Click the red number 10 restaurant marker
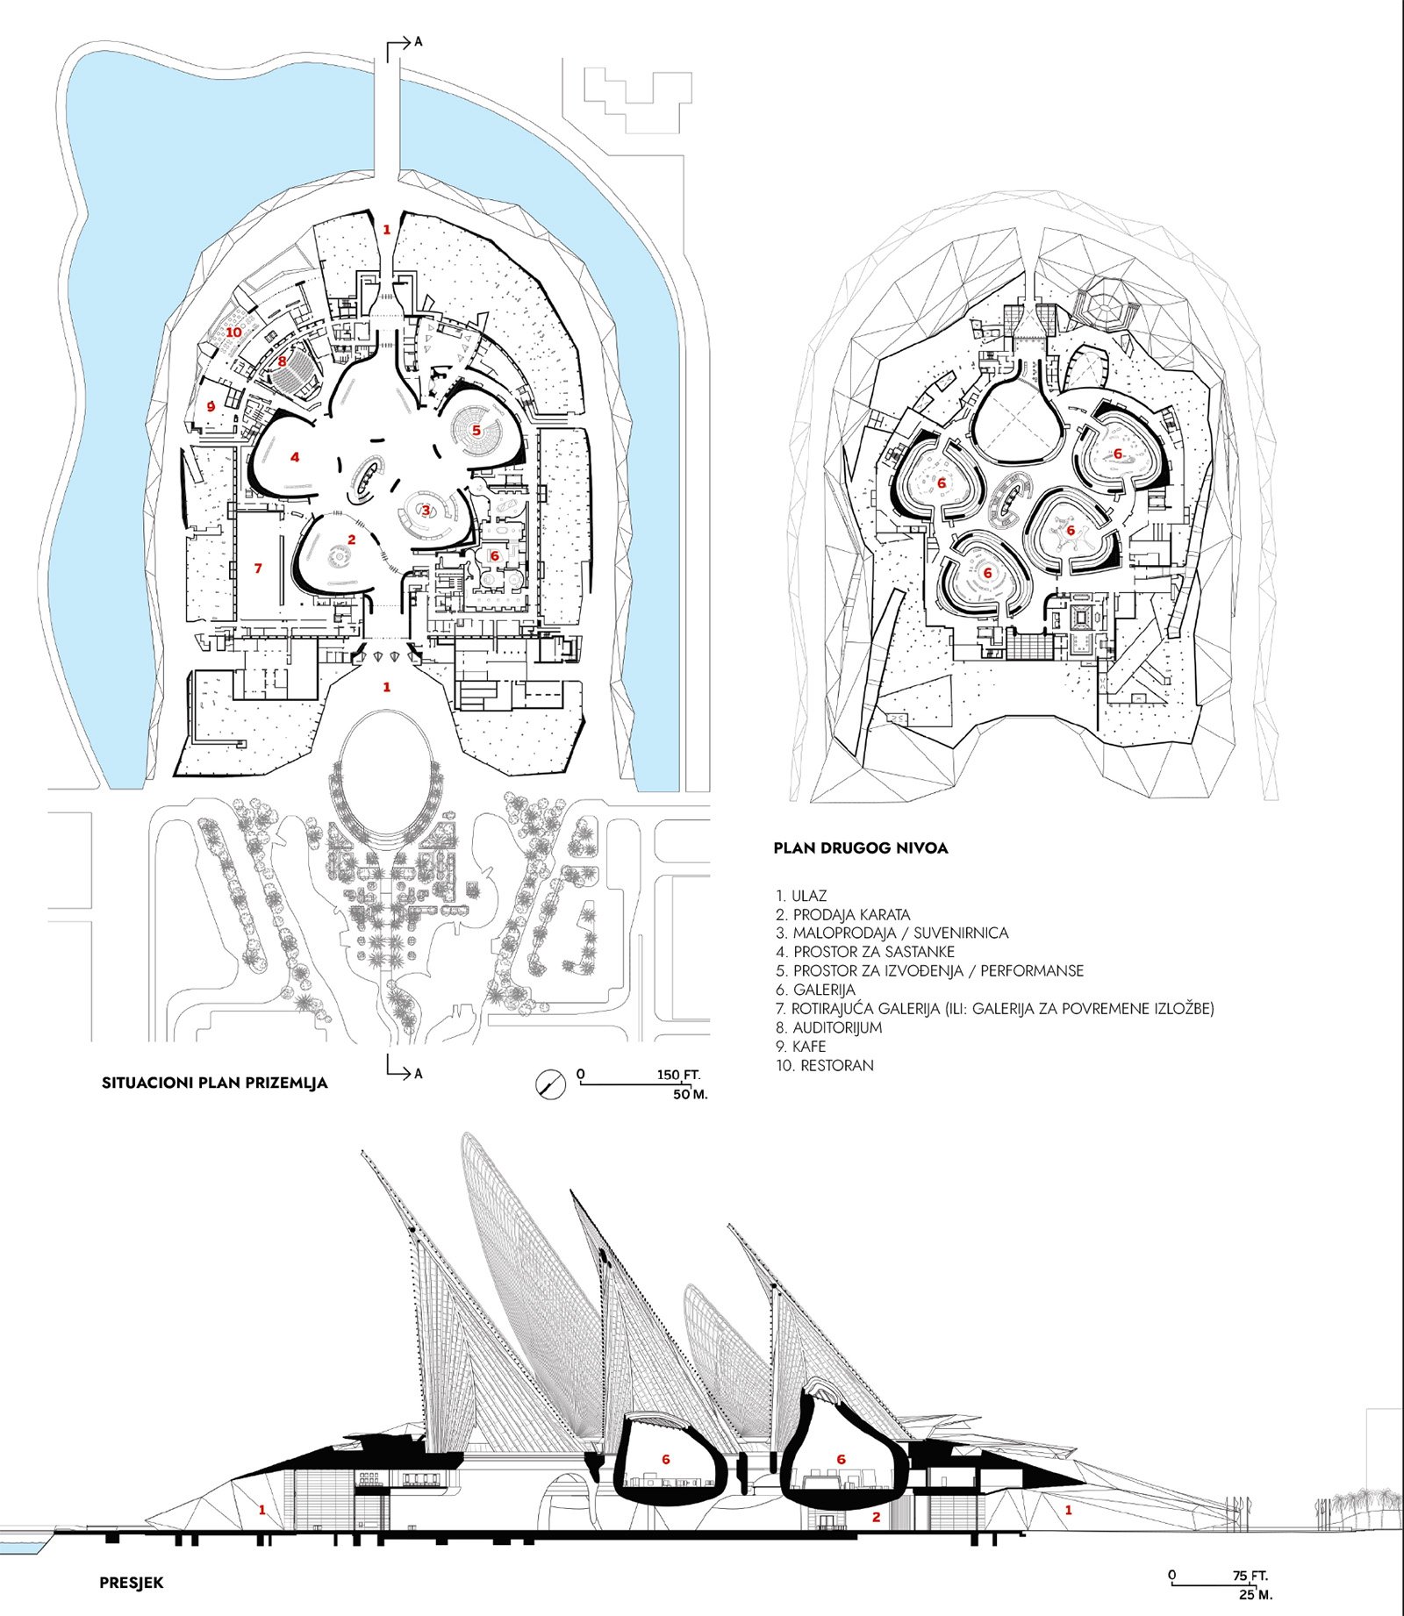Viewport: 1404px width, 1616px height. tap(233, 332)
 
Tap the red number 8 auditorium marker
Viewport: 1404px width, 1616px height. tap(282, 361)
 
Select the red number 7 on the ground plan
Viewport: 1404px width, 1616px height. tap(258, 568)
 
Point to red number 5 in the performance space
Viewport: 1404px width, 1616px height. tap(476, 431)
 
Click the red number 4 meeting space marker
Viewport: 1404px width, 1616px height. tap(296, 457)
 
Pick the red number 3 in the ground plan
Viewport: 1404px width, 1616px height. tap(426, 510)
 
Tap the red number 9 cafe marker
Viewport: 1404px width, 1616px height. tap(211, 406)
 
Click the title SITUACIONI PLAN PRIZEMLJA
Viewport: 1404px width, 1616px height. tap(215, 1083)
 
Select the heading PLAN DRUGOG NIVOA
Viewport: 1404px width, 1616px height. tap(860, 848)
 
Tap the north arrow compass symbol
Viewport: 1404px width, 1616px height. tap(550, 1085)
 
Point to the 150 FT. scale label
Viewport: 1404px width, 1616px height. tap(679, 1075)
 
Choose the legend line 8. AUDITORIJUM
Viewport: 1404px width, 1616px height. tap(829, 1027)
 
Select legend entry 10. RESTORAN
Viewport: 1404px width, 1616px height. tap(825, 1066)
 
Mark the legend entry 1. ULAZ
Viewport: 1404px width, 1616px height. tap(801, 896)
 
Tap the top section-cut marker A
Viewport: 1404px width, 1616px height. tap(419, 41)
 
